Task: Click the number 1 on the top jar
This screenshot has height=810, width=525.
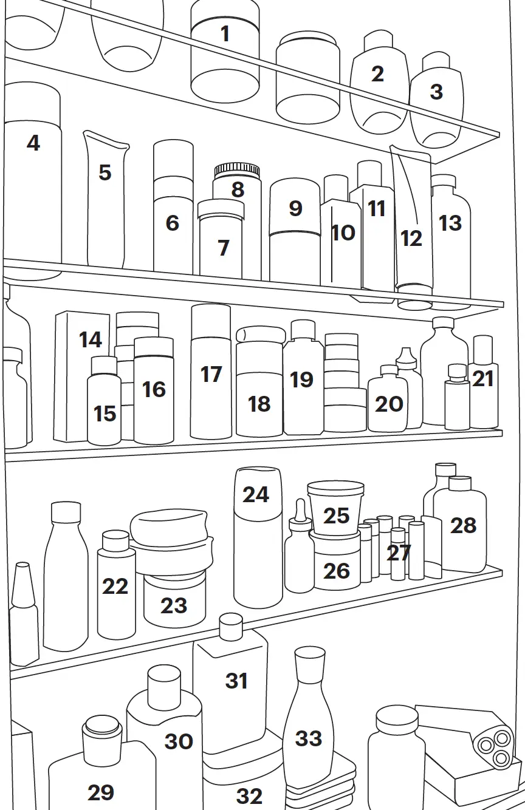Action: pyautogui.click(x=225, y=34)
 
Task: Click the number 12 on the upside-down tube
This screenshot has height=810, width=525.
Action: pyautogui.click(x=411, y=238)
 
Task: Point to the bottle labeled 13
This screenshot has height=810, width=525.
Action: pyautogui.click(x=451, y=243)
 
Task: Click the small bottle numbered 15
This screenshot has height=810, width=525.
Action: pyautogui.click(x=104, y=407)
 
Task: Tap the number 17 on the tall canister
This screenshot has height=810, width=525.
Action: pyautogui.click(x=211, y=375)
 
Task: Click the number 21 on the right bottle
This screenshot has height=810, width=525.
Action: pyautogui.click(x=483, y=379)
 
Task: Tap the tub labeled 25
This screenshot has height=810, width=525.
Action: pyautogui.click(x=335, y=510)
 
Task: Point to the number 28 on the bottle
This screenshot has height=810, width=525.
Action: pyautogui.click(x=463, y=525)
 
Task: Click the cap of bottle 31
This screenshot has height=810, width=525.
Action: pyautogui.click(x=231, y=626)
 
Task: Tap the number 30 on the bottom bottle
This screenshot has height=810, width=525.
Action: pyautogui.click(x=179, y=741)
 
